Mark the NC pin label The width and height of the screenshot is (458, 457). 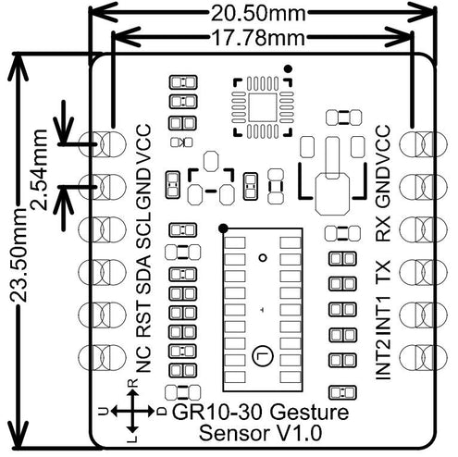(143, 356)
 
